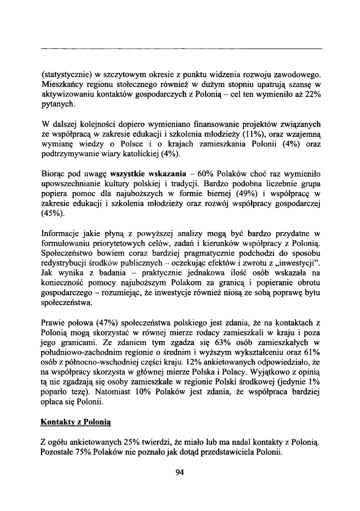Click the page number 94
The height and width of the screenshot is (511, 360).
pyautogui.click(x=180, y=472)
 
